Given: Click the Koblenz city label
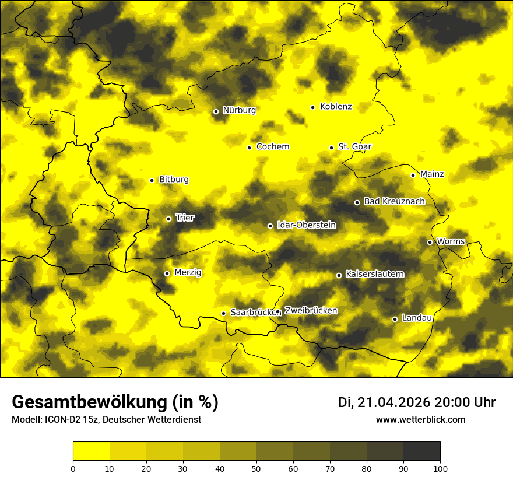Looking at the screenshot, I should click(x=336, y=107).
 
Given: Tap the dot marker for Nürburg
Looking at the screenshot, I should click(x=216, y=111).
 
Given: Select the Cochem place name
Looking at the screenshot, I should click(x=272, y=146).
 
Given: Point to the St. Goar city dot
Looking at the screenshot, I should click(x=331, y=148).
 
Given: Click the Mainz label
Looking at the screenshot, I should click(x=432, y=174).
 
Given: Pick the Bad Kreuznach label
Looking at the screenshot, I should click(x=394, y=201).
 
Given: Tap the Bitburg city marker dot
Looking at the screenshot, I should click(x=152, y=180).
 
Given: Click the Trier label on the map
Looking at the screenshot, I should click(x=185, y=218).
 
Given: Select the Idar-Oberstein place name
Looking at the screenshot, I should click(x=306, y=225).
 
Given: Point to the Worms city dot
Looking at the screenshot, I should click(x=430, y=242).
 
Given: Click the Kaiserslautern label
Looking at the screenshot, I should click(x=374, y=274).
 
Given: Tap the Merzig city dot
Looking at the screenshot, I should click(x=167, y=273).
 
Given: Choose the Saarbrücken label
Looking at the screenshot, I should click(x=252, y=313).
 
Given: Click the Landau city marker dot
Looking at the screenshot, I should click(x=395, y=319).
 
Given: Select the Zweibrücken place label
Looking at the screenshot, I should click(x=311, y=311).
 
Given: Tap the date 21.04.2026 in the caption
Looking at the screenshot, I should click(x=393, y=402).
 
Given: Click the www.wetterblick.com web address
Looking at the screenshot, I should click(x=421, y=419).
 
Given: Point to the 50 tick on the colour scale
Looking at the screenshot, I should click(x=256, y=468).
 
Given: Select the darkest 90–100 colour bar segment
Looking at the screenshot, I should click(x=421, y=451).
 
